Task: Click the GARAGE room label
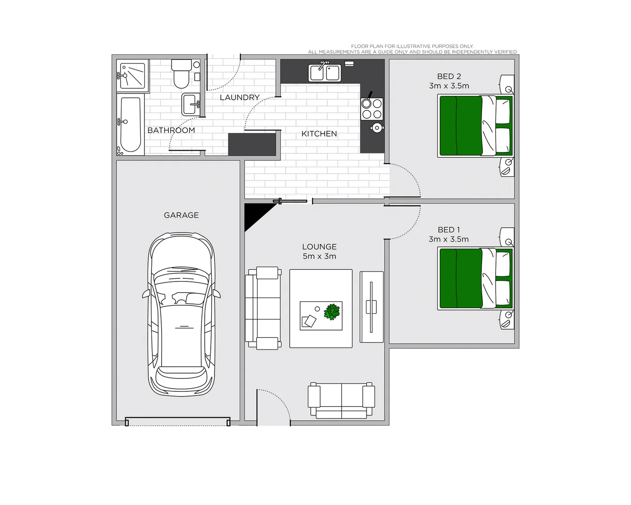(181, 215)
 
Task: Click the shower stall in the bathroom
(133, 76)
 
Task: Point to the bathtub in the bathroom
(130, 124)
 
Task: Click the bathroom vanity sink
(191, 104)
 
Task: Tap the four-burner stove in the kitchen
(372, 109)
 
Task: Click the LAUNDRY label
(239, 97)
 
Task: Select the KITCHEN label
(319, 134)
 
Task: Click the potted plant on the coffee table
(332, 312)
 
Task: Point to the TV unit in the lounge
(372, 307)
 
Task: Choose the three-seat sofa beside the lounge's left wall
(263, 308)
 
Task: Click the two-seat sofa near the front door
(341, 401)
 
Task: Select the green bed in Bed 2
(475, 126)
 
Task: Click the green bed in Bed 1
(475, 279)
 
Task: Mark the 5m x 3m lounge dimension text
(319, 256)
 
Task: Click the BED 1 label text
(449, 230)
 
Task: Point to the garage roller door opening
(178, 423)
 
